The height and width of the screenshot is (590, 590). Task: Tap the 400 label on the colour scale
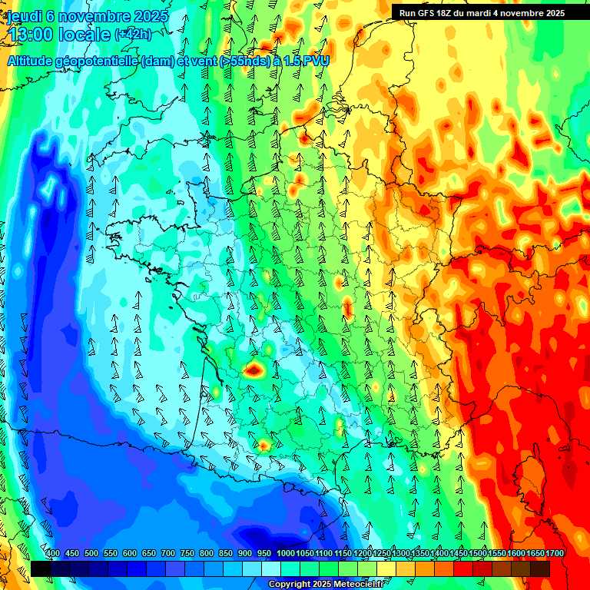(x=52, y=553)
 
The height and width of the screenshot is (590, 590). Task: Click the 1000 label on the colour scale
(x=285, y=553)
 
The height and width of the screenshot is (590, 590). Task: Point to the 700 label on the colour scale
(x=167, y=553)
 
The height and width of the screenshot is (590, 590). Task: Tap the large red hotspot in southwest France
(x=254, y=370)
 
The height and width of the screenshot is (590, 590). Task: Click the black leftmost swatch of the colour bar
(x=40, y=568)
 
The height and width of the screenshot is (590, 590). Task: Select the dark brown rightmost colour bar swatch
(x=540, y=568)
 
